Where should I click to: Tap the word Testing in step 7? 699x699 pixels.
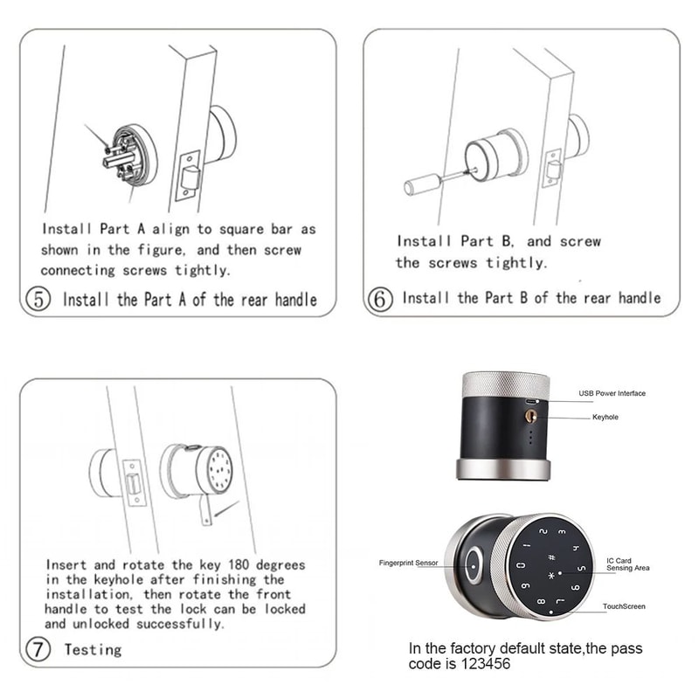pyautogui.click(x=93, y=649)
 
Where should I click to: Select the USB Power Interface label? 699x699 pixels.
pyautogui.click(x=612, y=393)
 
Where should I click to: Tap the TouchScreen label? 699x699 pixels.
pyautogui.click(x=623, y=606)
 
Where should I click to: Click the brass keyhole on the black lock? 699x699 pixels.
pyautogui.click(x=530, y=418)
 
